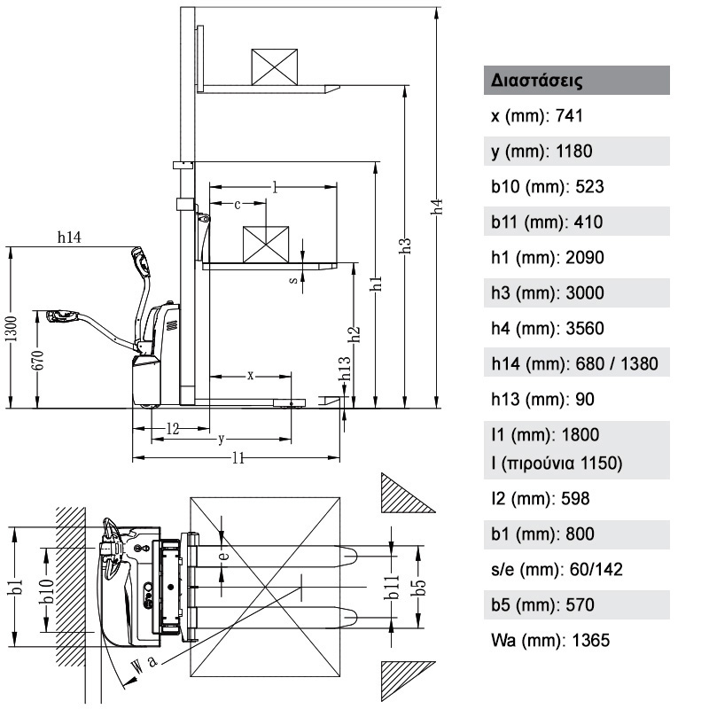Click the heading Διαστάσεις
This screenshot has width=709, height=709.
pyautogui.click(x=536, y=81)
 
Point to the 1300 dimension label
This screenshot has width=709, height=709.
pyautogui.click(x=12, y=328)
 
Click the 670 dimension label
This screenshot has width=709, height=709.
pyautogui.click(x=39, y=360)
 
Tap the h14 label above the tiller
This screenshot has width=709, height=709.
pyautogui.click(x=69, y=237)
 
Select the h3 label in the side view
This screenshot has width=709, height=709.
pyautogui.click(x=407, y=245)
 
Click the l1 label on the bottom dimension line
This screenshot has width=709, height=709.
pyautogui.click(x=238, y=458)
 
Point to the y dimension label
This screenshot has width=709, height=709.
pyautogui.click(x=221, y=439)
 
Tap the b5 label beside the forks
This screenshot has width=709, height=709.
pyautogui.click(x=420, y=588)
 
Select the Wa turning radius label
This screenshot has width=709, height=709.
pyautogui.click(x=144, y=666)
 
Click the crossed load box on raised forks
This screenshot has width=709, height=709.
pyautogui.click(x=275, y=67)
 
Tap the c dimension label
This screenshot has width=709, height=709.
pyautogui.click(x=238, y=205)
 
